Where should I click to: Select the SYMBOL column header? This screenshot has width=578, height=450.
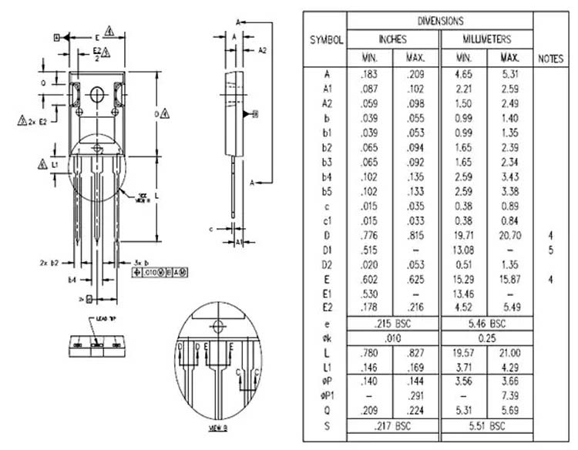tap(326, 39)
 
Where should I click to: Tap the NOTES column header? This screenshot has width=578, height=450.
tap(550, 58)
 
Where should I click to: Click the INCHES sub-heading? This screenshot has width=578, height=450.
tap(392, 39)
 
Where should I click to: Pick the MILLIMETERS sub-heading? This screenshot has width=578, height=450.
tap(486, 39)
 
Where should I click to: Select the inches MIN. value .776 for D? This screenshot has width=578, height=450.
tap(368, 234)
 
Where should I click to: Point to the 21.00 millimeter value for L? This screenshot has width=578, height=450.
tap(509, 352)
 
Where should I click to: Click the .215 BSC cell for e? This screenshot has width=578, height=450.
tap(392, 324)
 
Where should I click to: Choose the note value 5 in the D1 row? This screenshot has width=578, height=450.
tap(550, 250)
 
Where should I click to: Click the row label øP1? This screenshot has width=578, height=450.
tap(326, 395)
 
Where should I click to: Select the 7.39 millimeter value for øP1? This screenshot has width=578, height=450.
tap(509, 395)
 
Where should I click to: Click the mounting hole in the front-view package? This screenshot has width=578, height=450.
tap(97, 94)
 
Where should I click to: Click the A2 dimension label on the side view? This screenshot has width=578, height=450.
tap(262, 50)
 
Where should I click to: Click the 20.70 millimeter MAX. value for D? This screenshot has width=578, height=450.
tap(509, 234)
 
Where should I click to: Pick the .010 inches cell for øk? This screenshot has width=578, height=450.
tap(392, 338)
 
